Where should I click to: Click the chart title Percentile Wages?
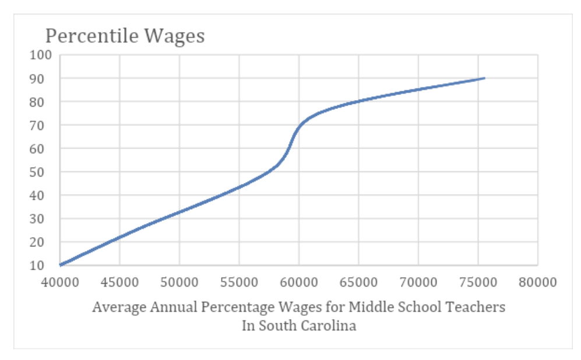click(x=125, y=36)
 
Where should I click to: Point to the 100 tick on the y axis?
click(x=43, y=55)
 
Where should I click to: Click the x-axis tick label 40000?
click(x=59, y=283)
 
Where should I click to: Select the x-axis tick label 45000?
click(x=119, y=283)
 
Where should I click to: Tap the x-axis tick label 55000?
click(x=239, y=283)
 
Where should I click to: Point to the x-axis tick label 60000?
click(x=298, y=283)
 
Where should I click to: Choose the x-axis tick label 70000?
click(x=418, y=283)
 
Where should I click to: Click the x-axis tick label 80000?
click(x=537, y=283)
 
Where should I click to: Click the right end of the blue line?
click(x=484, y=78)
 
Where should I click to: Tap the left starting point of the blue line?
click(x=60, y=265)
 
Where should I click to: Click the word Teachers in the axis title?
click(x=478, y=307)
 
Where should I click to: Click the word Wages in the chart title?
click(x=175, y=36)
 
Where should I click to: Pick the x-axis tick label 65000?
click(x=358, y=283)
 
